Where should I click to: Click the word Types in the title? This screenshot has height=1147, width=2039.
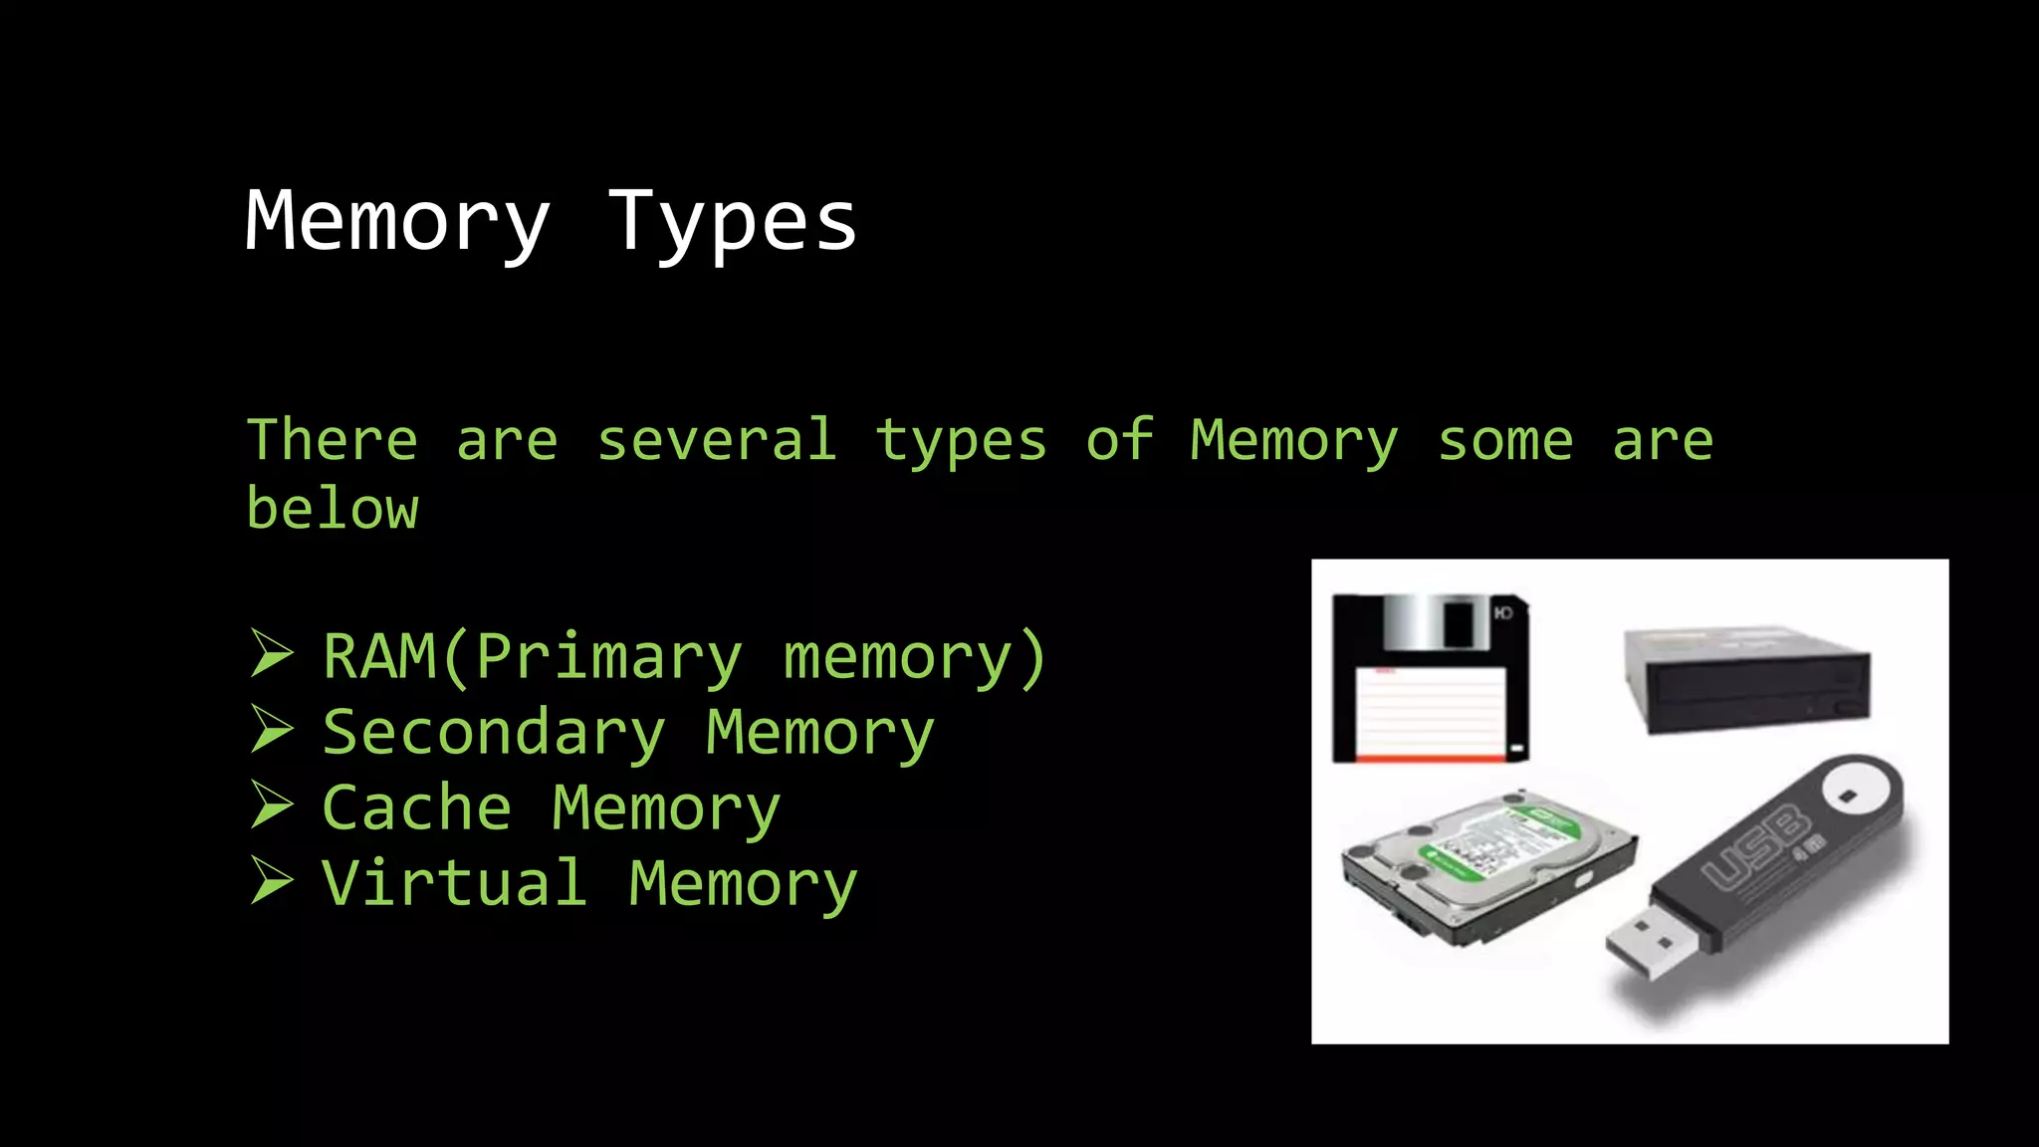tap(732, 222)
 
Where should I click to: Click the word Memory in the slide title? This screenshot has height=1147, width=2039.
tap(397, 222)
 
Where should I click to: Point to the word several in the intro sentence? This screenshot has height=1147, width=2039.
tap(717, 440)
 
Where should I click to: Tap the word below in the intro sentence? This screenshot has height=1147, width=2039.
tap(333, 509)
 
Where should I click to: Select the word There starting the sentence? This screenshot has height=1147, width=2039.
tap(333, 440)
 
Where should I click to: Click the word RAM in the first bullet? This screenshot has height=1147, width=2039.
tap(379, 657)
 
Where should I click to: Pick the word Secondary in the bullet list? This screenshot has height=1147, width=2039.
tap(494, 733)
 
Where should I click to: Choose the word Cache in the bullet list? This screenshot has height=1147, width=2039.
tap(417, 807)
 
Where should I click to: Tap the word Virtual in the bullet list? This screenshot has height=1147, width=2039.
tap(455, 883)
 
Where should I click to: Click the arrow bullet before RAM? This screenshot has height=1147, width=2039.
tap(272, 654)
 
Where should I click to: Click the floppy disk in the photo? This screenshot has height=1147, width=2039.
tap(1430, 679)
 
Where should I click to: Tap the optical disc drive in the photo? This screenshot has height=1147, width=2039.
tap(1747, 679)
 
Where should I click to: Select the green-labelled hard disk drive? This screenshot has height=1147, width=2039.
tap(1488, 864)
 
